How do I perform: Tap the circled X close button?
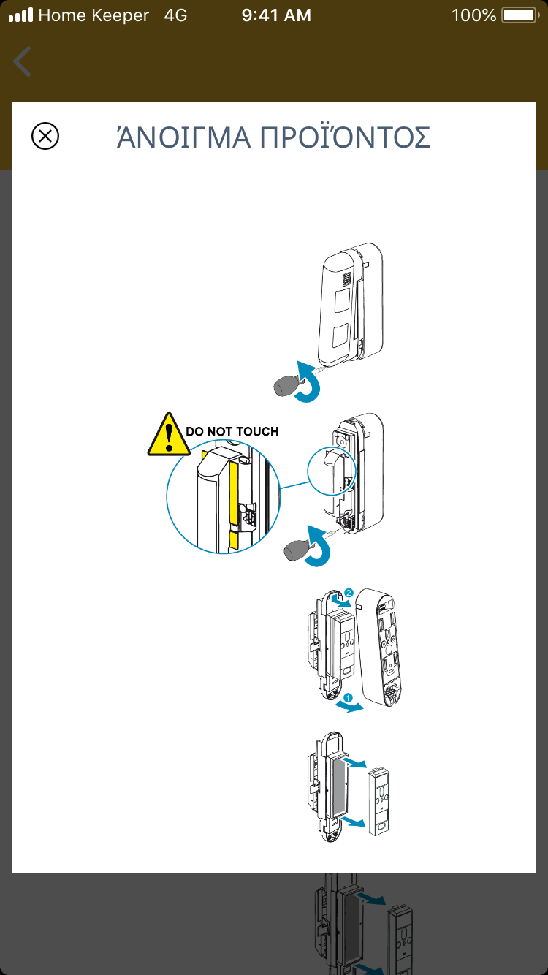(x=45, y=137)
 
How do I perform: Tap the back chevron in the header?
(x=23, y=61)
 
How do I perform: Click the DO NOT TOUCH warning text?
(x=232, y=432)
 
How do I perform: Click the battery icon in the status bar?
(x=520, y=15)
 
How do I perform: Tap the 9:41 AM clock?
(x=275, y=15)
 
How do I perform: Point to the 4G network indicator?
(x=175, y=15)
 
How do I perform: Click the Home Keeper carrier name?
(x=94, y=15)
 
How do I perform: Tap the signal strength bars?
(x=20, y=15)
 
